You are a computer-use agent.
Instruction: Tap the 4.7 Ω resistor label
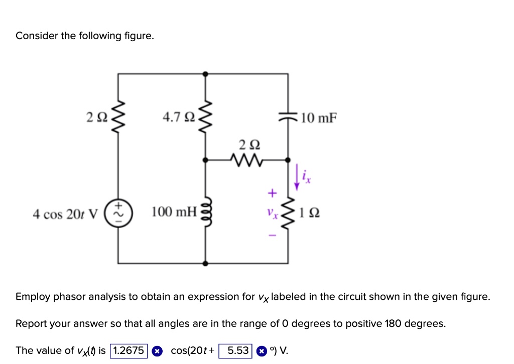179,118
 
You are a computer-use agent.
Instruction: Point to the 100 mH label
174,213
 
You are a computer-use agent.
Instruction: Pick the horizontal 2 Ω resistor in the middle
246,160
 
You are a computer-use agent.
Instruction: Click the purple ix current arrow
297,178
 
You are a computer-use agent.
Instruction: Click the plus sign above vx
272,192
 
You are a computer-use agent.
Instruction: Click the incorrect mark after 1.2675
157,351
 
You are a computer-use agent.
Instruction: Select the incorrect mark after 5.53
261,351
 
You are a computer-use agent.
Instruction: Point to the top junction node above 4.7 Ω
205,74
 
